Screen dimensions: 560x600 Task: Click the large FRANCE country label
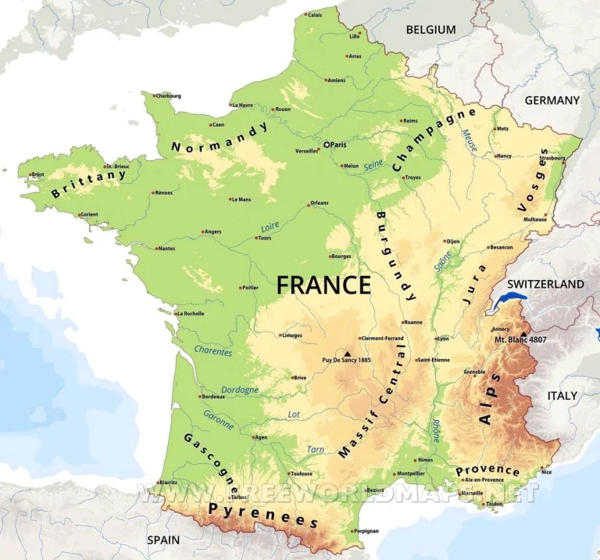click(323, 285)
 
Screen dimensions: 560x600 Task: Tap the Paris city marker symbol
click(327, 145)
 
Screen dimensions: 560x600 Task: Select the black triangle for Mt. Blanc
click(523, 334)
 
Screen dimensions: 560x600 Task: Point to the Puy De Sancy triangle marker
click(347, 353)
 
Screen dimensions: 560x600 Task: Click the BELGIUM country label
click(430, 30)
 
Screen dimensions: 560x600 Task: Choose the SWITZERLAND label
click(545, 284)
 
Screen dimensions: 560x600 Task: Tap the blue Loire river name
click(270, 227)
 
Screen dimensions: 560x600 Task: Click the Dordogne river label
click(240, 389)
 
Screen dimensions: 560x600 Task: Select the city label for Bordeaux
click(213, 397)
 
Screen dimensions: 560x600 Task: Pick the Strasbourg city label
click(552, 158)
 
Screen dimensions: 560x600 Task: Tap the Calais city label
click(314, 15)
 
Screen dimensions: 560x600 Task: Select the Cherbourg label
click(168, 96)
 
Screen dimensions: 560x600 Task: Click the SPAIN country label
click(163, 540)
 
